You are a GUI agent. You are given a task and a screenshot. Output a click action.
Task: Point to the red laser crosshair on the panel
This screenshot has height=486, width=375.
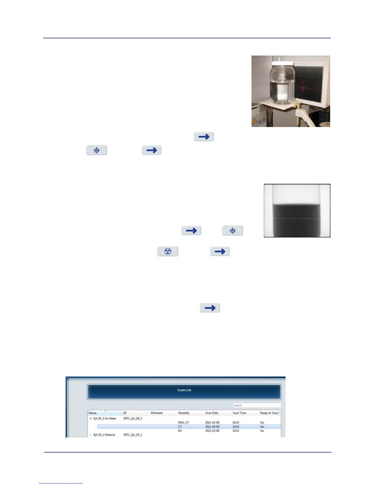(x=303, y=87)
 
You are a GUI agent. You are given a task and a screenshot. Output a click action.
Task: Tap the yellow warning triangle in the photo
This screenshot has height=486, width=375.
(x=254, y=121)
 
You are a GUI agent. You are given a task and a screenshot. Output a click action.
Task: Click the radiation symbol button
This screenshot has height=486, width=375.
(x=168, y=251)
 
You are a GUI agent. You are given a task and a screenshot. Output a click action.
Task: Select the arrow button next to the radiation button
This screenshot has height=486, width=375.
(x=220, y=251)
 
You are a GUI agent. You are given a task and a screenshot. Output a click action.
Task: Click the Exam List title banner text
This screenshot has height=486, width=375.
(x=184, y=390)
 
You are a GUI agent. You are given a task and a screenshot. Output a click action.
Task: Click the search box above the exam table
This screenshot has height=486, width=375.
(x=257, y=405)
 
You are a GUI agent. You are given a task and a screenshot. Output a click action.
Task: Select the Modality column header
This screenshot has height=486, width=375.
(x=184, y=413)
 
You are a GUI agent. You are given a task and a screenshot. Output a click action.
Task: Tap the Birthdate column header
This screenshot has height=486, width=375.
(x=157, y=413)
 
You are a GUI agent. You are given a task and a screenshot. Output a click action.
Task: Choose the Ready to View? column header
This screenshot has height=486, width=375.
(x=270, y=413)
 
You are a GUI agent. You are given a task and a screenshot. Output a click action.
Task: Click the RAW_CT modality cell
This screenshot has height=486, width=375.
(x=184, y=422)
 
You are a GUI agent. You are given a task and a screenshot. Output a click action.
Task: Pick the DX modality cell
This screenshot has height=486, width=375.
(x=180, y=431)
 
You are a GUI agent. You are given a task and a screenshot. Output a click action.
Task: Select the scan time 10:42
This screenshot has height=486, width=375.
(x=236, y=431)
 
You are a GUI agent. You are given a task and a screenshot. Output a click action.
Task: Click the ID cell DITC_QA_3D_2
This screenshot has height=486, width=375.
(x=133, y=435)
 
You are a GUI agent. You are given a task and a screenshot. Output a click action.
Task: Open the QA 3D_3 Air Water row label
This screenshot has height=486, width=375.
(x=105, y=418)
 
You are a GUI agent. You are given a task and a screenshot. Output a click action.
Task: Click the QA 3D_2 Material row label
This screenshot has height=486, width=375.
(x=104, y=435)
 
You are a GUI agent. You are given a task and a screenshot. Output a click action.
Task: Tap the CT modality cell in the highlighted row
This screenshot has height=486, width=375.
(x=180, y=427)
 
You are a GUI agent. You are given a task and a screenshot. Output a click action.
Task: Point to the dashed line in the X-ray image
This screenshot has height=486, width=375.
(x=297, y=218)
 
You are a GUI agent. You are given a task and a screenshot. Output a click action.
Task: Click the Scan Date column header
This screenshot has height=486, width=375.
(x=212, y=413)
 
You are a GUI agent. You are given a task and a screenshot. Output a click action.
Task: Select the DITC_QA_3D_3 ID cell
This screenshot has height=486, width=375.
(x=133, y=418)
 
